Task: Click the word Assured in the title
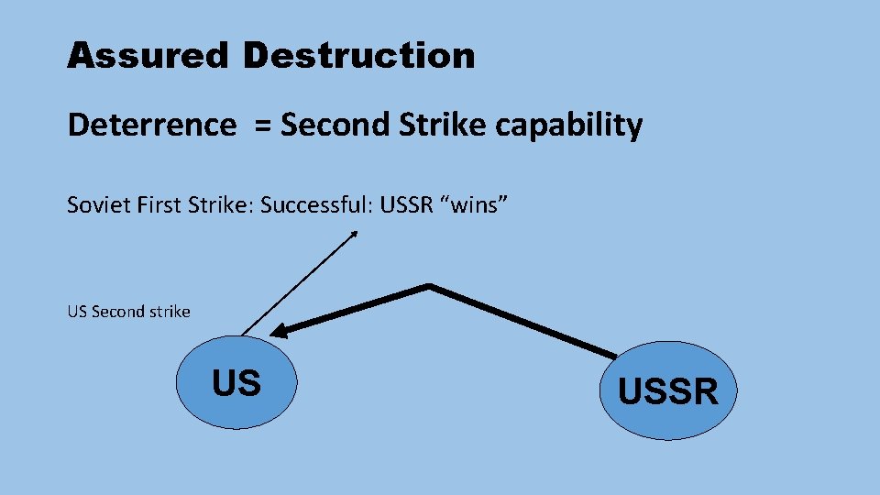point(147,56)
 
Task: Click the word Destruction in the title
point(359,56)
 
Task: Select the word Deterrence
point(151,126)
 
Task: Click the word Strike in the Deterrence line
point(443,126)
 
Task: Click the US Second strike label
point(128,312)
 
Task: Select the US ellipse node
point(236,383)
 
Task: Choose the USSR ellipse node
point(666,391)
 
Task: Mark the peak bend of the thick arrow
point(428,286)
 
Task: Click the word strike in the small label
point(170,312)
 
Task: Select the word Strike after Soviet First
point(223,205)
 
